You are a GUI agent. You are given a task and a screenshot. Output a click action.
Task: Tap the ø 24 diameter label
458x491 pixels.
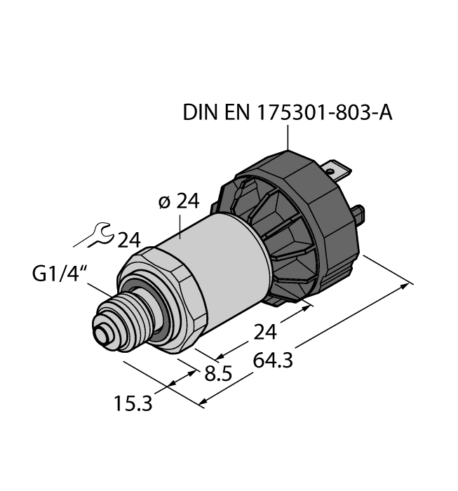178,203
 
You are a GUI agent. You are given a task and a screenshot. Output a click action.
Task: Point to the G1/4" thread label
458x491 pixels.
58,274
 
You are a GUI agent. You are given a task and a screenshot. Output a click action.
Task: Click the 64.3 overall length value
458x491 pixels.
269,361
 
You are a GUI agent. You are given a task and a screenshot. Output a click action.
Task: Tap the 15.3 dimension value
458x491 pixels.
131,404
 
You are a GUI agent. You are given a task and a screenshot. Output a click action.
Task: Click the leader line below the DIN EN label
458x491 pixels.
288,138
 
